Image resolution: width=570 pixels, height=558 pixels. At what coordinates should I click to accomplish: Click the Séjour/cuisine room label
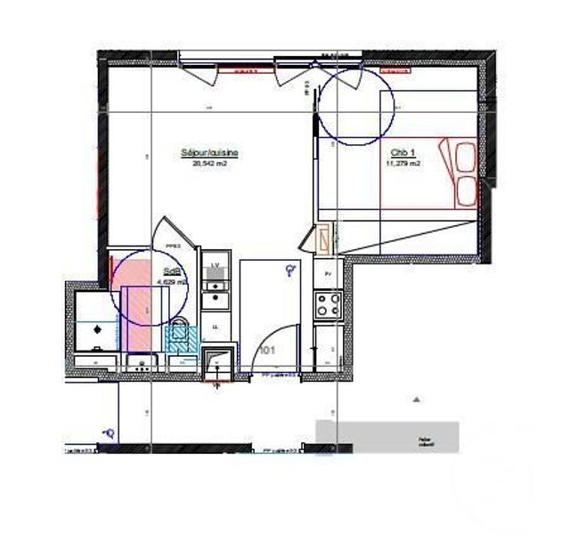tap(209, 153)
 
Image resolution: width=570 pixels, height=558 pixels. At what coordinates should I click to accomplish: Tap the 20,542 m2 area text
tap(209, 163)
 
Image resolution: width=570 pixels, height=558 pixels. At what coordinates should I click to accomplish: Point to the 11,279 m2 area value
tap(403, 164)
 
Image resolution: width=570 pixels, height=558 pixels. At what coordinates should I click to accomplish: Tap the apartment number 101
tap(265, 351)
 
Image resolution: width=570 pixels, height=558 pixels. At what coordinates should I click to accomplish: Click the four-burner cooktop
tap(328, 305)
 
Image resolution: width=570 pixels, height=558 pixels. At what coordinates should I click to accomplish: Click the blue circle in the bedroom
tap(355, 105)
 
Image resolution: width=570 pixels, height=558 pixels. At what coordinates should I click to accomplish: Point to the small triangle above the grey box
tap(414, 400)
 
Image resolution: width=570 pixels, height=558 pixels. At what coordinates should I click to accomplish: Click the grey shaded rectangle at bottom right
tap(387, 437)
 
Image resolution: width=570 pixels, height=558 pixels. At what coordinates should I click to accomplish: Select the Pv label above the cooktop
tap(328, 273)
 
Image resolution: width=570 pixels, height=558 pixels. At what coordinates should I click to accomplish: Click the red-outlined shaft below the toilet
tap(216, 361)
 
